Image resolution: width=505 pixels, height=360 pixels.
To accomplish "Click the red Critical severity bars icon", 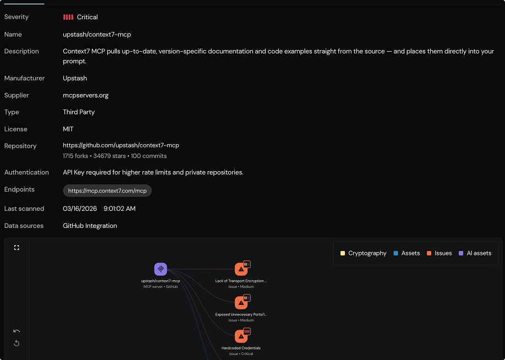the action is (x=68, y=17).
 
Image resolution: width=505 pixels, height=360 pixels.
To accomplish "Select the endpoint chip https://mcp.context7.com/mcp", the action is (x=107, y=190).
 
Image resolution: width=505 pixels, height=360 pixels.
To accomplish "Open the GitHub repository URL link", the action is (x=120, y=145).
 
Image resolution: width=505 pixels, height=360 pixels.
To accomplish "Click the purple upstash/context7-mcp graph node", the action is (x=161, y=269).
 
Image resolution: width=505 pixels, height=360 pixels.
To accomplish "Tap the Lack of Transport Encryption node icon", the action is (x=241, y=269).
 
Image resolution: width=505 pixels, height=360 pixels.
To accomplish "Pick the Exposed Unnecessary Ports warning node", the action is (x=241, y=303).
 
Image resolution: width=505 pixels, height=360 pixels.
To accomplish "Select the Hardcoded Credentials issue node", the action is (x=241, y=336).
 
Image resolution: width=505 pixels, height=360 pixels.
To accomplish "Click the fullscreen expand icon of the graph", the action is (x=17, y=248).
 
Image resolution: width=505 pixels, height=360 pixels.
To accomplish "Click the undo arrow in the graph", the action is (x=17, y=331).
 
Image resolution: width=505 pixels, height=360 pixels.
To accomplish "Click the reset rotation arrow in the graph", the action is (x=17, y=343).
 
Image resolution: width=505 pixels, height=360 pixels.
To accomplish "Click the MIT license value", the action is (x=68, y=129).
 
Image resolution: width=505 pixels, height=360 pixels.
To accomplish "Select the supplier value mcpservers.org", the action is (x=85, y=95).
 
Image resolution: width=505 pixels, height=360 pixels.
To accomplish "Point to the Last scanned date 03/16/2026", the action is (x=81, y=209).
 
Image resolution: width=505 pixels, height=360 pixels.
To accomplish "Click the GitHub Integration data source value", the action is (x=90, y=226).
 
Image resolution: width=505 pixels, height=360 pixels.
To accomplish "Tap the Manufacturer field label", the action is (x=25, y=78).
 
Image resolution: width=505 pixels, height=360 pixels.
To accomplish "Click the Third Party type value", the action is (x=79, y=112).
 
